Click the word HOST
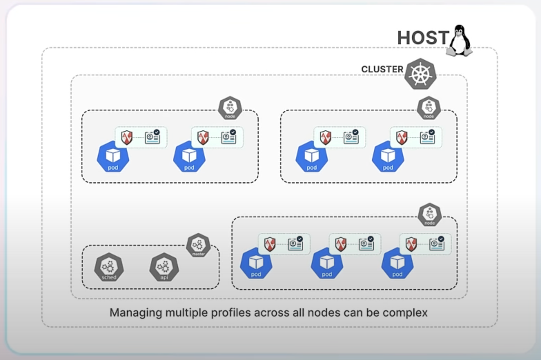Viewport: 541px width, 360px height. point(423,38)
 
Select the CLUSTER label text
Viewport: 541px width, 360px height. point(382,69)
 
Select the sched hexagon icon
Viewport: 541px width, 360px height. point(109,268)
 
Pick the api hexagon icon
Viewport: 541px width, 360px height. point(164,268)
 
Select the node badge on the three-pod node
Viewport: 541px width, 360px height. point(430,215)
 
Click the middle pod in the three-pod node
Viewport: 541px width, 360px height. point(327,263)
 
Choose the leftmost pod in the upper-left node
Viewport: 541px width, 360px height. point(113,157)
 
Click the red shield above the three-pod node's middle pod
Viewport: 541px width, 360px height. point(341,244)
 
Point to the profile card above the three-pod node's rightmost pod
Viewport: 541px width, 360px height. point(437,244)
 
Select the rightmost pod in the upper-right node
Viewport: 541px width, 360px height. point(388,157)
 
